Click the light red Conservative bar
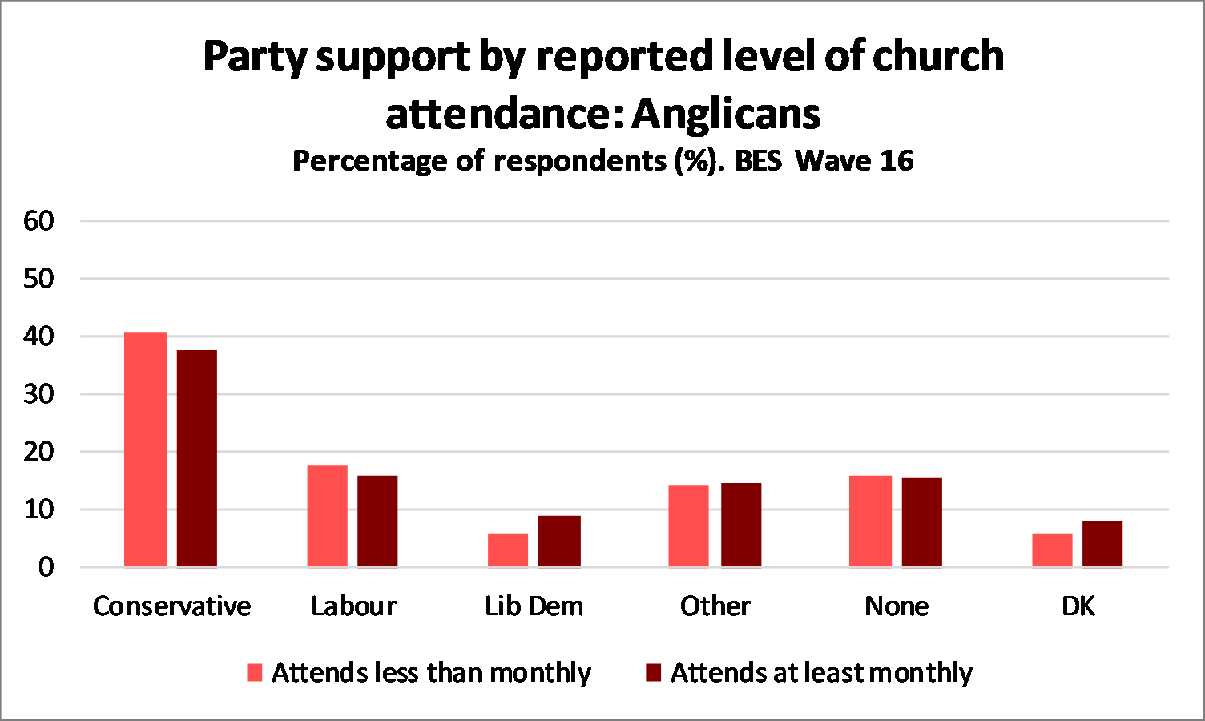tap(146, 449)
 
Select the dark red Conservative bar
tap(197, 458)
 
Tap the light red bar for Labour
tap(328, 516)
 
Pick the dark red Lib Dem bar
tap(559, 542)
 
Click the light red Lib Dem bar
tap(508, 550)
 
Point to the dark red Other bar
tap(741, 525)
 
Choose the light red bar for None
tap(870, 522)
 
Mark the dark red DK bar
tap(1102, 544)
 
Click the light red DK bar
tap(1052, 550)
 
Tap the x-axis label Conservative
tap(171, 606)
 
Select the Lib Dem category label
tap(534, 606)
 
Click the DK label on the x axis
tap(1078, 606)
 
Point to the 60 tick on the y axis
tap(38, 220)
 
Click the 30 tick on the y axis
tap(38, 394)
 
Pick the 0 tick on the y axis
tap(46, 567)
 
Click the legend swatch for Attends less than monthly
tap(255, 672)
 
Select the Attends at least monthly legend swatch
tap(653, 672)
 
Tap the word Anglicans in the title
tap(727, 114)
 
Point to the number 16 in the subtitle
tap(897, 161)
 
